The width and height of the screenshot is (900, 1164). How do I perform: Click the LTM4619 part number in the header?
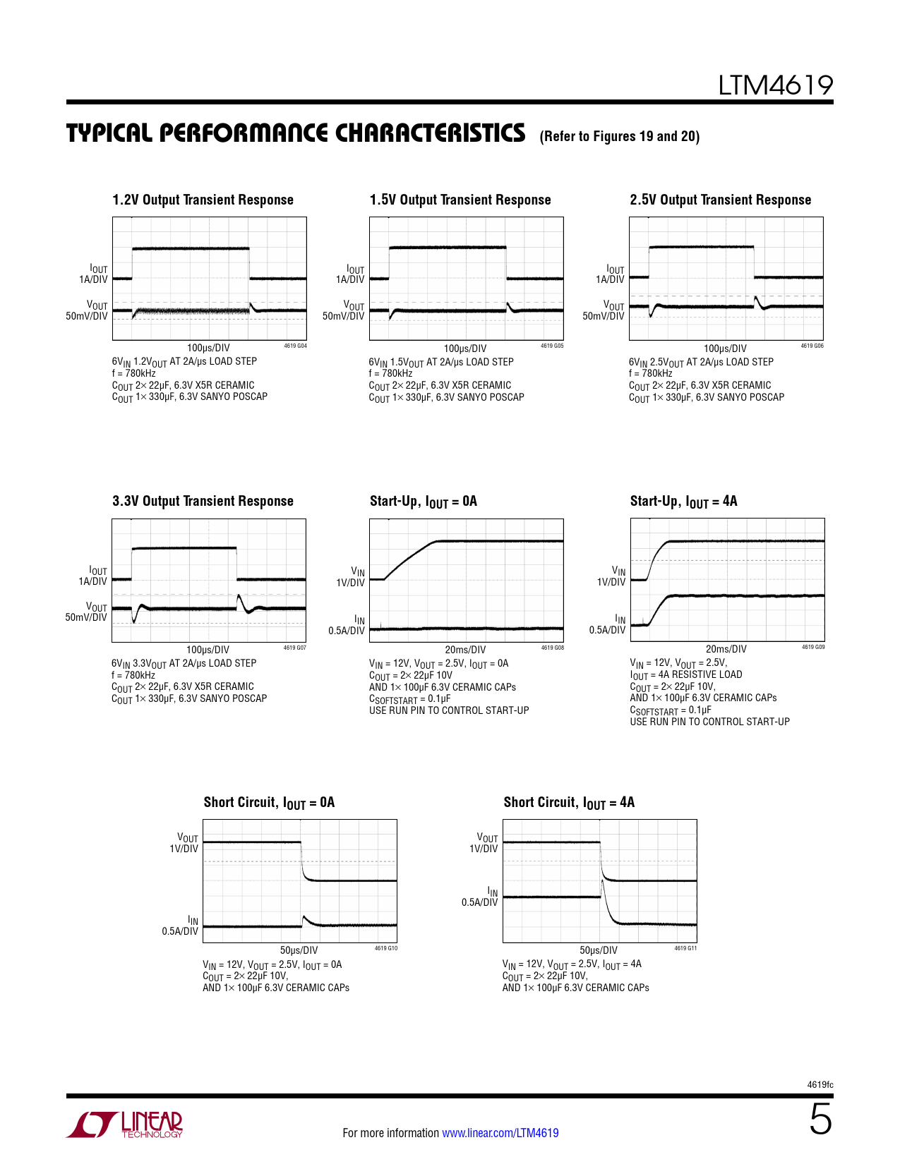point(775,85)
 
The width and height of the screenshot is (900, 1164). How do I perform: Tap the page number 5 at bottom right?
point(820,1120)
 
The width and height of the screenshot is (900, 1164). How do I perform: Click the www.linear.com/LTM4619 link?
point(500,1133)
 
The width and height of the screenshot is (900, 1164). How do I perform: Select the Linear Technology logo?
point(125,1124)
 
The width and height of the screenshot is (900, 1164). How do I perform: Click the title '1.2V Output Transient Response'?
point(203,200)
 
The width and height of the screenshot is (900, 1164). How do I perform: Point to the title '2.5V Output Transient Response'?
point(720,200)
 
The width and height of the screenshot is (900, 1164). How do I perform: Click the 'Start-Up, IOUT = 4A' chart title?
point(683,502)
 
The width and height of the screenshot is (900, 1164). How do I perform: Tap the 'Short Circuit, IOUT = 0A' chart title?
point(269,803)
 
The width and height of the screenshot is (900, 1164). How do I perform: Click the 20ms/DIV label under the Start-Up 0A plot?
point(465,650)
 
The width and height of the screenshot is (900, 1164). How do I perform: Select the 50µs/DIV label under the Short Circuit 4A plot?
point(599,950)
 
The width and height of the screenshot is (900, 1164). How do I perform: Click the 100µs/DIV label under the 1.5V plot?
point(465,348)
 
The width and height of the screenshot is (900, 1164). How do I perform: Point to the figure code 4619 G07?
point(295,648)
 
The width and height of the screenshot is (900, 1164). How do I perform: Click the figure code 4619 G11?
point(685,948)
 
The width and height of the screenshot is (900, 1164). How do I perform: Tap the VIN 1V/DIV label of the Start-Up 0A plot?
point(352,577)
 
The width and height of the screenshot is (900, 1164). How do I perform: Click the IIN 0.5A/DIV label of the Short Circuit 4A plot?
point(481,897)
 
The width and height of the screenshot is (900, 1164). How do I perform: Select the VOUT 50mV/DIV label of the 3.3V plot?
point(88,612)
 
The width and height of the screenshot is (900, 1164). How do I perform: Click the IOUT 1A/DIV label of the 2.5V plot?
point(611,274)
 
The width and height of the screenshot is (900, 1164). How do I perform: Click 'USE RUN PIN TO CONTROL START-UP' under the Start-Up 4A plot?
point(709,722)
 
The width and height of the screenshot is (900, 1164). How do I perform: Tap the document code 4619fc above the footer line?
point(820,1085)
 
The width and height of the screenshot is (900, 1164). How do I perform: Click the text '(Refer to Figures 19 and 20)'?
point(619,136)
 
